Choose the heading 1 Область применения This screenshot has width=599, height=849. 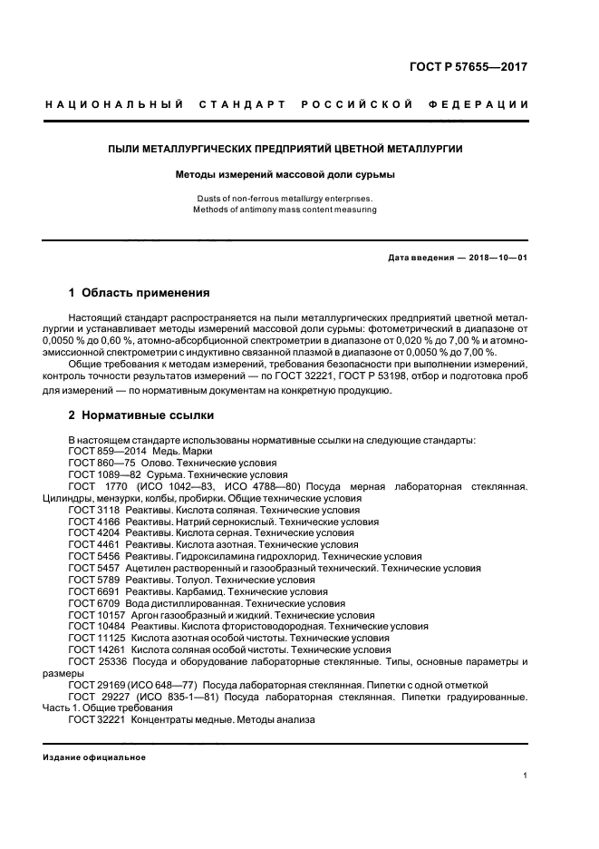coord(140,293)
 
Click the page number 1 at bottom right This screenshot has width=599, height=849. coord(526,776)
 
